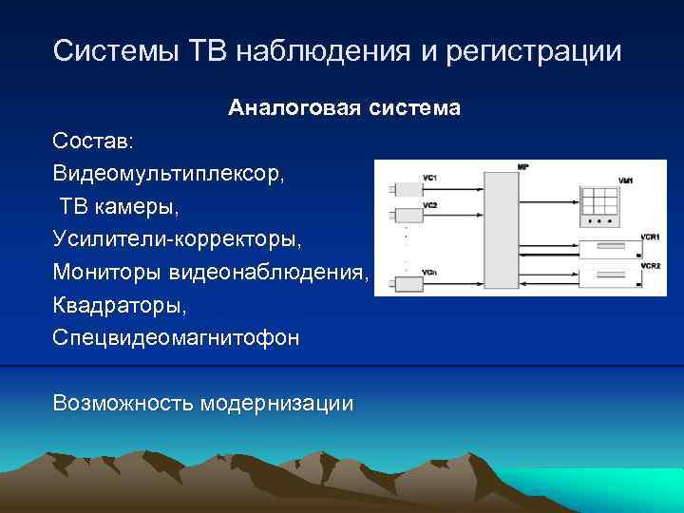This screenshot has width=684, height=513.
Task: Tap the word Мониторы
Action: pos(107,273)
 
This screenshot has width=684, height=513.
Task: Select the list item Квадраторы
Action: pos(114,306)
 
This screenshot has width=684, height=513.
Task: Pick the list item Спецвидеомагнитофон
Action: pos(175,338)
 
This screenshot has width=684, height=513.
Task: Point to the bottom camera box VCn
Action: pos(408,283)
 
